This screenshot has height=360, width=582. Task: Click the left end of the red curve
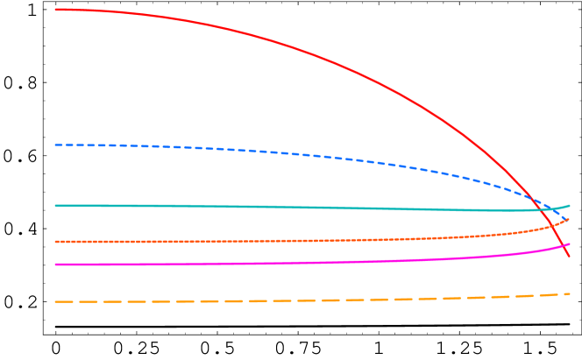55,10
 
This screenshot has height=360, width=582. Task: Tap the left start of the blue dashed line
55,145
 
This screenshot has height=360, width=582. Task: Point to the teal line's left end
55,206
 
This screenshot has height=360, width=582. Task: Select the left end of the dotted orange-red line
55,242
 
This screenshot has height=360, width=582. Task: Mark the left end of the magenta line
55,265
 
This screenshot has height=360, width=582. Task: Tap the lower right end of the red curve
570,257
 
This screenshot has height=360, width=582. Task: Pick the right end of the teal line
570,206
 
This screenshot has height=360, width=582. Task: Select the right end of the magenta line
570,244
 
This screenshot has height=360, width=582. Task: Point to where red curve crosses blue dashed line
537,198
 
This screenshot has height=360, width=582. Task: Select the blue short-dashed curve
307,155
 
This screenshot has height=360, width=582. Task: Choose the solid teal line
307,208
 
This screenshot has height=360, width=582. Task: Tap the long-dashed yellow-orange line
307,300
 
